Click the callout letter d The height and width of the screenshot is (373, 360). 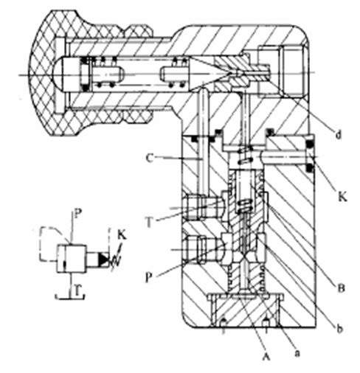click(339, 134)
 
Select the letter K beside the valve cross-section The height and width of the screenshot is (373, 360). click(342, 197)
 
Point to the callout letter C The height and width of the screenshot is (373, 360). click(150, 158)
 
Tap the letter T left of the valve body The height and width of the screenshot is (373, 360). click(149, 223)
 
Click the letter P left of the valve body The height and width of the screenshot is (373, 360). click(148, 278)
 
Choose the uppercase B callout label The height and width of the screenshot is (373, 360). click(341, 289)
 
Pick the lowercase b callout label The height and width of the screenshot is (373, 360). click(339, 330)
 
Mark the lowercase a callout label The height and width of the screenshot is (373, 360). click(297, 353)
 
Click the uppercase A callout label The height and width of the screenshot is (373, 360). click(266, 356)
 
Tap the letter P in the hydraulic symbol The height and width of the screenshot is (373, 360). click(77, 215)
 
